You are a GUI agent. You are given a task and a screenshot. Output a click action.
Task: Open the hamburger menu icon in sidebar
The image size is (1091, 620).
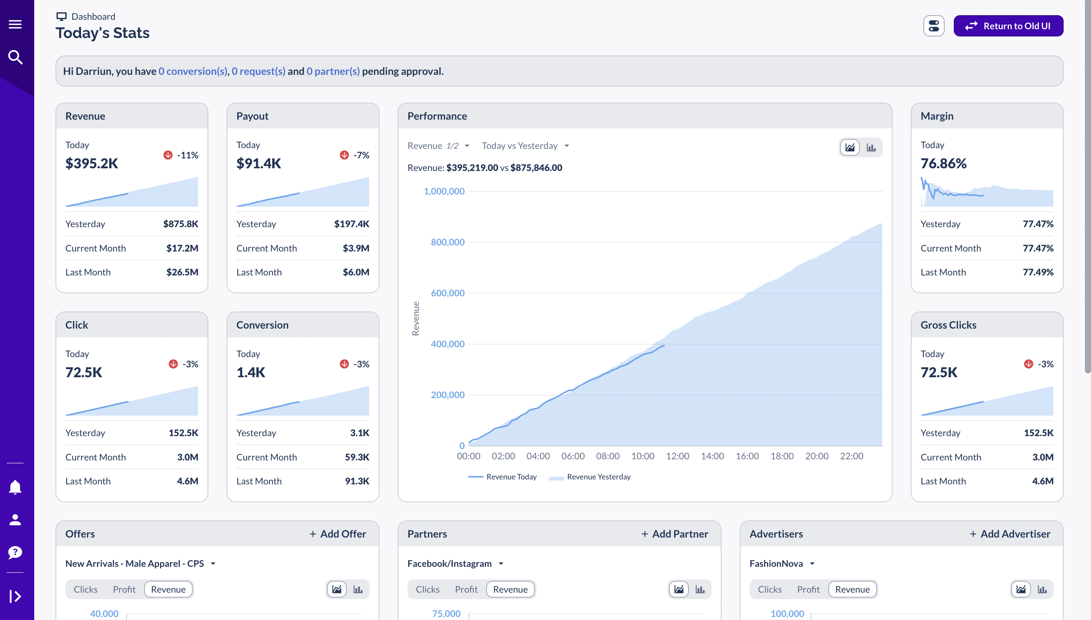tap(15, 24)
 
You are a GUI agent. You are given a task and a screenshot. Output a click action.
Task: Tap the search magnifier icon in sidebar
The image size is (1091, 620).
tap(15, 57)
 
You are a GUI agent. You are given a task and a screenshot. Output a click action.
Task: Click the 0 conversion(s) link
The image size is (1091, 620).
tap(193, 71)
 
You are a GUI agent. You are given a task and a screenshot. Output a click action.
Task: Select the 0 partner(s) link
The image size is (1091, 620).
tap(333, 71)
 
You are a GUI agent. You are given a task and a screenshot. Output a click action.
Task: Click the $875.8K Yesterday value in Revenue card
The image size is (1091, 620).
tap(181, 224)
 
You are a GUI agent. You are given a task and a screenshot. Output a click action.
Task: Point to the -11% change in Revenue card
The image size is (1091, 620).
tap(187, 155)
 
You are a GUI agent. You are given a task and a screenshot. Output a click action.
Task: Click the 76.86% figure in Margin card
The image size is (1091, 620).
tap(943, 163)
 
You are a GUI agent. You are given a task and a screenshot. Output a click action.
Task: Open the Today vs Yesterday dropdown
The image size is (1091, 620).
tap(525, 146)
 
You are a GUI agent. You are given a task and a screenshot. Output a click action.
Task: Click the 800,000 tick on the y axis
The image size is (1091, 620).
tap(447, 242)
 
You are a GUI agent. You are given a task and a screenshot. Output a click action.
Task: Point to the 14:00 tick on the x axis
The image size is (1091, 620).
tap(712, 456)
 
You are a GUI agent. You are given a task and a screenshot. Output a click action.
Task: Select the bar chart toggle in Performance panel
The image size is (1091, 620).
tap(871, 148)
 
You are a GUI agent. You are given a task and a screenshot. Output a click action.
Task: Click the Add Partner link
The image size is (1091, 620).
tap(675, 534)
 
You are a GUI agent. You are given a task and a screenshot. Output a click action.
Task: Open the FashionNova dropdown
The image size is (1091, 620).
tap(782, 564)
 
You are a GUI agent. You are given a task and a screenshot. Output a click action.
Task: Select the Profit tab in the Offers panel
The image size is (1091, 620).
tap(124, 589)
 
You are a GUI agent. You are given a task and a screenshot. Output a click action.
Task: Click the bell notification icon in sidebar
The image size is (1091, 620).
tap(15, 487)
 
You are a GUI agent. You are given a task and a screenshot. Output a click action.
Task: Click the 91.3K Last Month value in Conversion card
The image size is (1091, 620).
tap(357, 481)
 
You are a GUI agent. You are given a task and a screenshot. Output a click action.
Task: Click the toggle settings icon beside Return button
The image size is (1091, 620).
tap(933, 26)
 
